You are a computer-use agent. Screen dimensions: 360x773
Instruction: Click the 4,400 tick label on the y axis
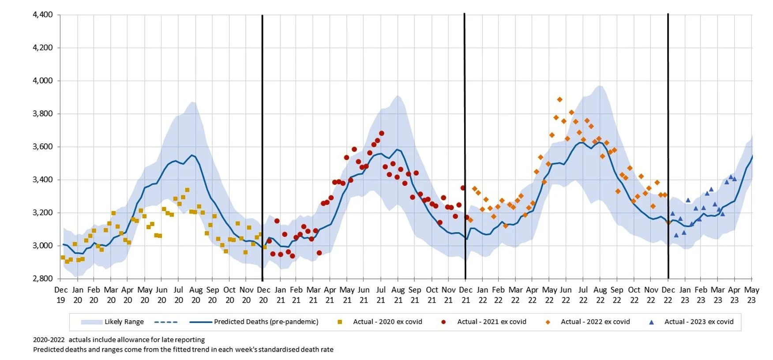click(x=43, y=15)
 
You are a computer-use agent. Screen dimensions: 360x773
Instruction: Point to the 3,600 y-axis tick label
click(x=43, y=146)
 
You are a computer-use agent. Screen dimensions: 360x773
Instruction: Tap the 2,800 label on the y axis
click(x=43, y=278)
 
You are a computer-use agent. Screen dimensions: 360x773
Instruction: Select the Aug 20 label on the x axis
click(x=195, y=295)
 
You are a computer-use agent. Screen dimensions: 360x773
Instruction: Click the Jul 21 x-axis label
click(x=381, y=295)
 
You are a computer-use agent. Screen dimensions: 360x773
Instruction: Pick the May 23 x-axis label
click(x=751, y=295)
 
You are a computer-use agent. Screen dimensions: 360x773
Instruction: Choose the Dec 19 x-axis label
click(x=61, y=295)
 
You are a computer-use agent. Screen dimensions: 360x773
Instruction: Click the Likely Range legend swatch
click(x=91, y=322)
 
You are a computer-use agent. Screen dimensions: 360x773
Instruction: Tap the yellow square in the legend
click(x=340, y=322)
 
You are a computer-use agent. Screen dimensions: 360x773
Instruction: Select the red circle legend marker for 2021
click(x=443, y=322)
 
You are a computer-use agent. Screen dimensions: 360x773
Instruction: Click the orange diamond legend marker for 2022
click(x=548, y=322)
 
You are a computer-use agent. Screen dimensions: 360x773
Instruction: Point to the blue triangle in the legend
click(x=651, y=322)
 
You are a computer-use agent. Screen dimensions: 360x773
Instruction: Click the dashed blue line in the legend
click(x=166, y=322)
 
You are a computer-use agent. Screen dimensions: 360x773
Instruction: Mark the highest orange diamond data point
click(x=559, y=100)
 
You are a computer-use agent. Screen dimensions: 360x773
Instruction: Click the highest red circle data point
click(x=382, y=133)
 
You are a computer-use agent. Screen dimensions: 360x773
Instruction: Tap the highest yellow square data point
click(x=187, y=190)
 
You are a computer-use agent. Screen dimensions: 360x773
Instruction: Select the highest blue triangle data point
click(x=731, y=177)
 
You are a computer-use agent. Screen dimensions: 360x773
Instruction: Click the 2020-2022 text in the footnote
click(x=49, y=340)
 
